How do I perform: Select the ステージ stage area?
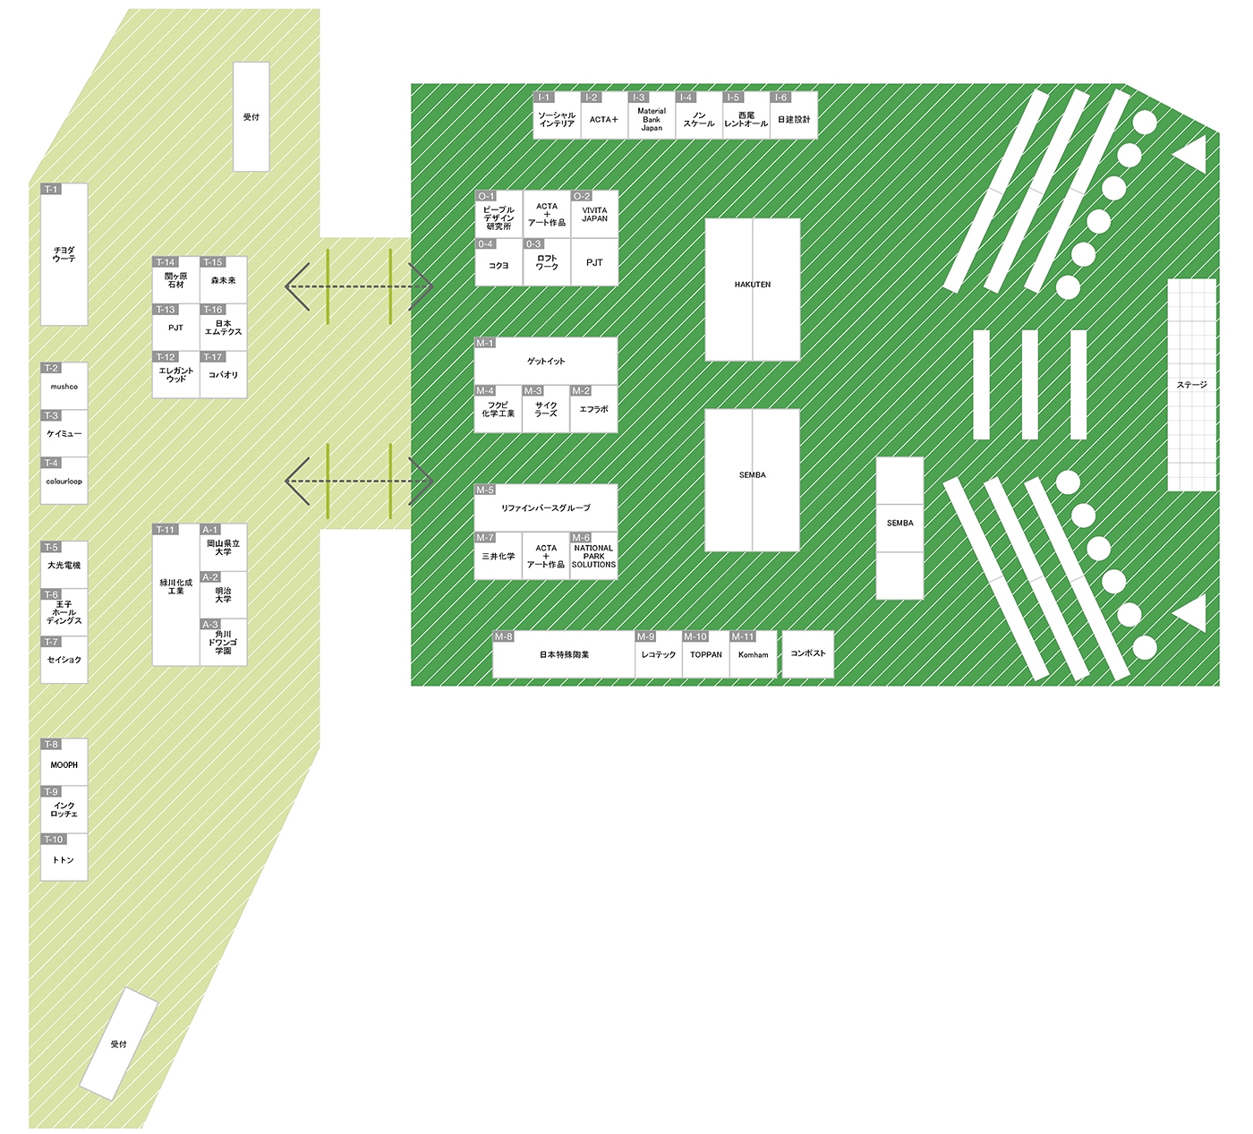1191,385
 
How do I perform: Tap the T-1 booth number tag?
51,190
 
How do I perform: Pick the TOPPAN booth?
705,655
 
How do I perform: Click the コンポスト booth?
807,654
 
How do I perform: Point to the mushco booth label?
64,388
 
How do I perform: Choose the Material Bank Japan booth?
651,120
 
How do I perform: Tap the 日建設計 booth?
793,120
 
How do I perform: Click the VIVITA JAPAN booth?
594,216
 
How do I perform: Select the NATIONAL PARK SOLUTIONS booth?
593,557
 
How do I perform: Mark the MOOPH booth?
64,765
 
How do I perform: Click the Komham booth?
753,655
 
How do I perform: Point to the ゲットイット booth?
545,362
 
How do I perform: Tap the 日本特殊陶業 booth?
564,655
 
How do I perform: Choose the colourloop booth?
64,482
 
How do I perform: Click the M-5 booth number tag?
484,490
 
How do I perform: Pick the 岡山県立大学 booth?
223,548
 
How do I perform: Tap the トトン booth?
64,860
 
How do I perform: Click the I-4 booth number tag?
686,98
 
